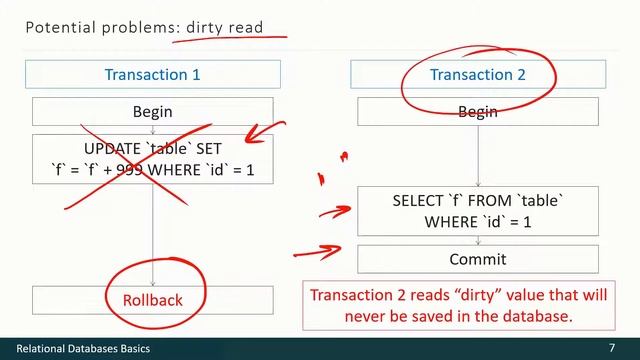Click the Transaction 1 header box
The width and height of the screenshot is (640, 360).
pos(153,75)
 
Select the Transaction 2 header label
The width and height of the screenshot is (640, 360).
pos(477,75)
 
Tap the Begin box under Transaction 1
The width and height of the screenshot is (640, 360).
pos(153,111)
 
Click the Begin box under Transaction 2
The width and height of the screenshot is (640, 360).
pos(477,111)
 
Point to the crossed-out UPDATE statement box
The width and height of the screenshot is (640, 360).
pos(153,160)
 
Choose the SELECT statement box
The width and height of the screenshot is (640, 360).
pos(477,210)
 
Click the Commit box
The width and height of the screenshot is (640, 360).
pos(477,259)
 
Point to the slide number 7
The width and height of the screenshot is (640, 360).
pos(611,346)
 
